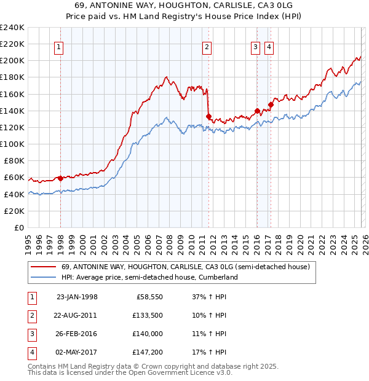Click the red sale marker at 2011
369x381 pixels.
[209, 116]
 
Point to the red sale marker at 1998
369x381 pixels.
[61, 178]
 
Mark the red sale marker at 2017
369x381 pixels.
[270, 104]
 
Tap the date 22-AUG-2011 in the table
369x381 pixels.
[76, 315]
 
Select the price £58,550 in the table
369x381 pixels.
[149, 297]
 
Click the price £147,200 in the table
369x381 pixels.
[149, 352]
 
